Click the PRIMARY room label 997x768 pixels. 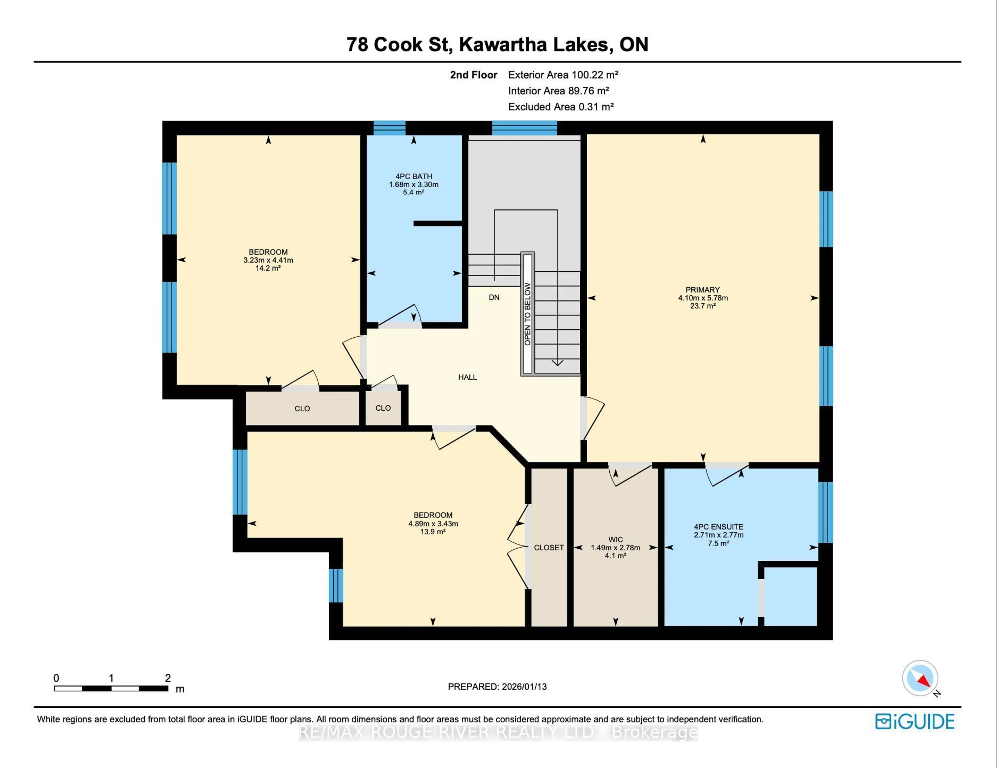pyautogui.click(x=703, y=290)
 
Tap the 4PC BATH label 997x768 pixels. pyautogui.click(x=414, y=176)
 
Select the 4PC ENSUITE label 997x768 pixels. pyautogui.click(x=718, y=527)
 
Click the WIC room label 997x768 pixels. pyautogui.click(x=615, y=540)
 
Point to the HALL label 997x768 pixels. pyautogui.click(x=467, y=377)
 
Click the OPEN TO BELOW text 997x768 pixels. pyautogui.click(x=527, y=314)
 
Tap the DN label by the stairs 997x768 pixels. pyautogui.click(x=494, y=297)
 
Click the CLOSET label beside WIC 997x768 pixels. pyautogui.click(x=549, y=547)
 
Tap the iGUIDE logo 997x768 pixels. pyautogui.click(x=915, y=721)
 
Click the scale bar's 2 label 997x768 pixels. pyautogui.click(x=168, y=678)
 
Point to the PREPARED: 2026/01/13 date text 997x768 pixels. pyautogui.click(x=497, y=687)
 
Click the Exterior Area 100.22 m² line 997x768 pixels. pyautogui.click(x=563, y=75)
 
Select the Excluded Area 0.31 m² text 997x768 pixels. pyautogui.click(x=561, y=107)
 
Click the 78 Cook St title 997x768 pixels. pyautogui.click(x=497, y=44)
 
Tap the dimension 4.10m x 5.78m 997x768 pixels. pyautogui.click(x=703, y=298)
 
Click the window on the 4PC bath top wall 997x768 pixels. pyautogui.click(x=389, y=128)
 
